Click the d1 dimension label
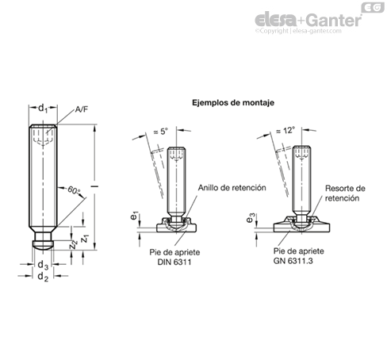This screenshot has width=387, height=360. pyautogui.click(x=43, y=109)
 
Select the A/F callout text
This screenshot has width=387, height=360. pyautogui.click(x=81, y=109)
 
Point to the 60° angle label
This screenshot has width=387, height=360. pyautogui.click(x=74, y=190)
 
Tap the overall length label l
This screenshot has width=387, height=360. pyautogui.click(x=94, y=186)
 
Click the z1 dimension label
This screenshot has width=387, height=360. pyautogui.click(x=85, y=239)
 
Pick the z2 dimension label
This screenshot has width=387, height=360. pyautogui.click(x=73, y=244)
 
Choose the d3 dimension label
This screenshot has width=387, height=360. pyautogui.click(x=43, y=265)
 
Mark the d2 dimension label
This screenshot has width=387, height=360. pyautogui.click(x=43, y=277)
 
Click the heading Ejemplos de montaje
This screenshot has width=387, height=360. pyautogui.click(x=233, y=102)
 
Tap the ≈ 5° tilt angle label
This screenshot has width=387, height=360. pyautogui.click(x=161, y=131)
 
